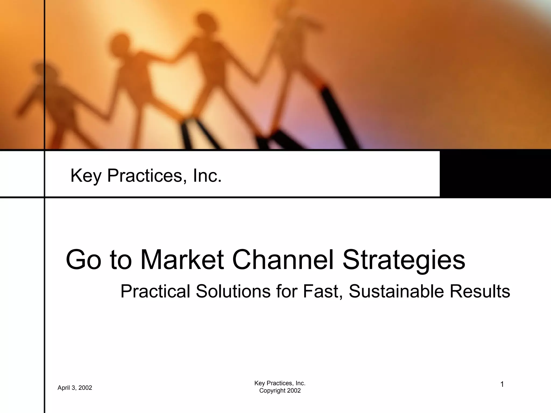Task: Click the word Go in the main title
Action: (84, 260)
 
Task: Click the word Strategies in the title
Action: (404, 260)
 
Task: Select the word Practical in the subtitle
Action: (155, 291)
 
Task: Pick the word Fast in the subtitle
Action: (319, 291)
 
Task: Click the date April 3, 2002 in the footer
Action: (75, 388)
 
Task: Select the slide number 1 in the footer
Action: (502, 384)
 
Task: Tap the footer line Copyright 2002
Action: (280, 391)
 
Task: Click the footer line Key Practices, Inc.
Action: (280, 383)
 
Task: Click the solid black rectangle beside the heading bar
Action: (495, 174)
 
